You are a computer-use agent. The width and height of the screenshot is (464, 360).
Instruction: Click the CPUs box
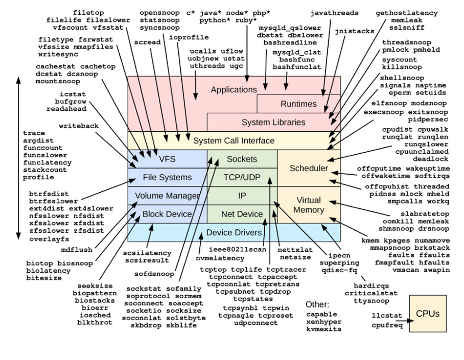pos(428,314)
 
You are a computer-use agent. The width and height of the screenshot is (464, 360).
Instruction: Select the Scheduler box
pos(309,168)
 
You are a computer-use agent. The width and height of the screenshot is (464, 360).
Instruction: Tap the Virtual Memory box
pos(309,205)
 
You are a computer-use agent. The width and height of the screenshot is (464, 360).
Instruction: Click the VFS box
pos(167,159)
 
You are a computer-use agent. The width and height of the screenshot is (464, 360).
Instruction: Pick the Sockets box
pos(242,159)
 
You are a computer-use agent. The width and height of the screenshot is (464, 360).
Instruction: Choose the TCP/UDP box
pos(242,177)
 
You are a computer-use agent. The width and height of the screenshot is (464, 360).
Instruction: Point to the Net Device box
pos(242,214)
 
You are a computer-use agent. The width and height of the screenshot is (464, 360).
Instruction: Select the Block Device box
pos(167,214)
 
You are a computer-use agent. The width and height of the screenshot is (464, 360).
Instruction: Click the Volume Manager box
pos(167,196)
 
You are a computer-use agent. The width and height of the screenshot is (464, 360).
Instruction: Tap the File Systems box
pos(167,177)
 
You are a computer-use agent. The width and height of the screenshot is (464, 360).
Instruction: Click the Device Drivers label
pos(234,232)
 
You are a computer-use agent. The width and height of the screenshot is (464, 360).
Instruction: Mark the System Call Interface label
pos(234,140)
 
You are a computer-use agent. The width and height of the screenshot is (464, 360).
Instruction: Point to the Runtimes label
pos(298,104)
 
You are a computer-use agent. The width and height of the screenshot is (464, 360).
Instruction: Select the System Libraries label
pos(273,122)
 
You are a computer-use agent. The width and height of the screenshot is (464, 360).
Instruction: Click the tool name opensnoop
pos(159,12)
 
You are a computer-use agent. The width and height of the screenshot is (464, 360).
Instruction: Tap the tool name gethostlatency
pos(407,13)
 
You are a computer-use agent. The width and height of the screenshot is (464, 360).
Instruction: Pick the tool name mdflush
pos(77,250)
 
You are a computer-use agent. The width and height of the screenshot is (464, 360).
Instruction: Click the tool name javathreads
pos(334,13)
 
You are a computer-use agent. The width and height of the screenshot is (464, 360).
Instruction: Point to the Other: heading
pos(317,305)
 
